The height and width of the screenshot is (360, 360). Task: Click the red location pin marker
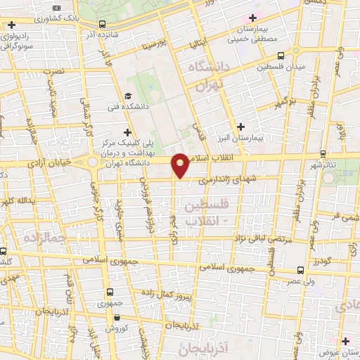(181, 165)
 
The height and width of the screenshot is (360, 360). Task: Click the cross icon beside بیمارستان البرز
(241, 127)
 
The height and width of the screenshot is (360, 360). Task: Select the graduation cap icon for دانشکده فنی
(127, 96)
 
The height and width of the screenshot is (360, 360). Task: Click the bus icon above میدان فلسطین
(281, 55)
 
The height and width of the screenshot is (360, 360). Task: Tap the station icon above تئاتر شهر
(323, 153)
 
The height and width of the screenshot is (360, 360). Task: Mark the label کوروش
(115, 328)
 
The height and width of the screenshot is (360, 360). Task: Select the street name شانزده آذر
(98, 33)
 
